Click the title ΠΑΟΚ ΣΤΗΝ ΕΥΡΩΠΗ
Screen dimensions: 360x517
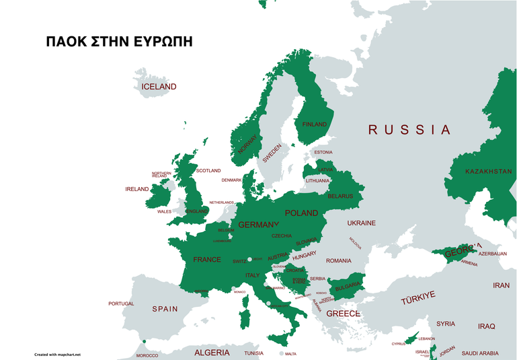[x=119, y=41]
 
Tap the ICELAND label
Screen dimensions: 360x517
[x=159, y=87]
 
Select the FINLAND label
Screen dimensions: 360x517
[x=314, y=124]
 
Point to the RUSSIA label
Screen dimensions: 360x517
[x=409, y=130]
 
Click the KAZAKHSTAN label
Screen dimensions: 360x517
[x=488, y=172]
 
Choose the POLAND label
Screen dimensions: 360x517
[x=301, y=213]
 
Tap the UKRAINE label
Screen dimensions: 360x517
[x=361, y=223]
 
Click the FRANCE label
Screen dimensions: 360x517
[x=206, y=260]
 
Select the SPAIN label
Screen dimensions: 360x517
[x=165, y=309]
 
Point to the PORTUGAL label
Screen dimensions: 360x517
[x=121, y=303]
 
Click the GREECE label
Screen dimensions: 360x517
[x=343, y=314]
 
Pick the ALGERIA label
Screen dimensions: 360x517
[x=212, y=353]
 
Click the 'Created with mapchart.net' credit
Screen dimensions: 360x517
[x=57, y=354]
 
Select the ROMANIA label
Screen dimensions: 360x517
[x=338, y=260]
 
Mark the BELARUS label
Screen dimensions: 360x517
[x=340, y=196]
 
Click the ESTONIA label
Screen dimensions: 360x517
[x=323, y=152]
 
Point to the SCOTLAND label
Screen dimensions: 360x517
[x=208, y=171]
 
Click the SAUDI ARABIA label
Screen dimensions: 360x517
[x=479, y=353]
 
